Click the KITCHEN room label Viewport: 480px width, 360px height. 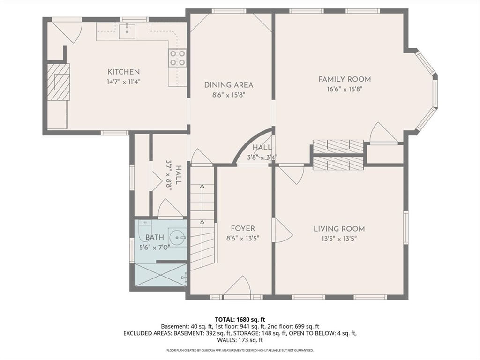click(x=124, y=72)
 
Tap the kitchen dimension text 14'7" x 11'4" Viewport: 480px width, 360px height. click(x=124, y=82)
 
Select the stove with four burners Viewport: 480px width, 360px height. click(x=178, y=58)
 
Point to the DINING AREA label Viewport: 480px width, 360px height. click(x=229, y=85)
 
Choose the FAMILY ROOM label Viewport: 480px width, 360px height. click(x=345, y=79)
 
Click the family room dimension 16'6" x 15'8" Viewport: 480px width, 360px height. click(x=345, y=90)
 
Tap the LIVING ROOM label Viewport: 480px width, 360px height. click(x=339, y=229)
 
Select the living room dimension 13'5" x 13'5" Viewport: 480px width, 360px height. click(x=339, y=239)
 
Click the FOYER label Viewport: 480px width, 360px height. click(x=243, y=228)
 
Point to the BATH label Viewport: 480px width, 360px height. click(x=155, y=237)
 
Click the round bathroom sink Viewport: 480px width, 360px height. click(x=177, y=237)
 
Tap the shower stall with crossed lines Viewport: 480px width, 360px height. click(x=160, y=275)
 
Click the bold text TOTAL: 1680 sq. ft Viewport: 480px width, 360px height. click(x=240, y=320)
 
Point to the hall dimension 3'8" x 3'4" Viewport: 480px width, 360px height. click(x=262, y=157)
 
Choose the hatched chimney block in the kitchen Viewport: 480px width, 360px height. click(x=58, y=82)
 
